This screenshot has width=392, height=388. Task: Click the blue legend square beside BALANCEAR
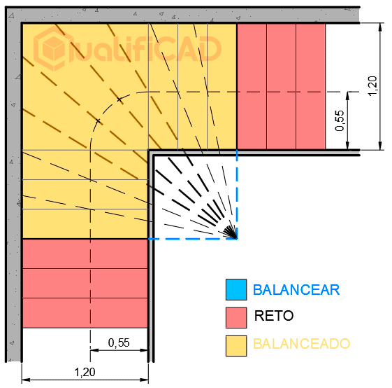pyautogui.click(x=236, y=289)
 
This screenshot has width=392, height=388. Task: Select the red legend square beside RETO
pyautogui.click(x=236, y=317)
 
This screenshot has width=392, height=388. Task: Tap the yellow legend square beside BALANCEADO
pyautogui.click(x=236, y=346)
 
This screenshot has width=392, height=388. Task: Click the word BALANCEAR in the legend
pyautogui.click(x=296, y=290)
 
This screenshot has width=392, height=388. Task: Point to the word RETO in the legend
pyautogui.click(x=274, y=316)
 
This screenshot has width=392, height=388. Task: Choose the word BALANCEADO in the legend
pyautogui.click(x=301, y=344)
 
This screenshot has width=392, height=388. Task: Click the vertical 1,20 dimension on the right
pyautogui.click(x=372, y=85)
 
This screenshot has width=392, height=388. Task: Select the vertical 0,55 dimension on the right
pyautogui.click(x=340, y=120)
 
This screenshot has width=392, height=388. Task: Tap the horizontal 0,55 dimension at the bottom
pyautogui.click(x=119, y=342)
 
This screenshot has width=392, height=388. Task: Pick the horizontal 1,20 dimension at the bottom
pyautogui.click(x=85, y=372)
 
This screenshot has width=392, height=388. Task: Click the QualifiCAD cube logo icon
pyautogui.click(x=52, y=48)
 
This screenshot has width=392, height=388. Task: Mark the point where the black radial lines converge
pyautogui.click(x=236, y=238)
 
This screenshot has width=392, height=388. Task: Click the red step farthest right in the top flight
pyautogui.click(x=311, y=86)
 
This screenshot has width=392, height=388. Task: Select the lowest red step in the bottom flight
pyautogui.click(x=85, y=313)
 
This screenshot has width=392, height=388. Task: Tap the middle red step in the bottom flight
pyautogui.click(x=85, y=284)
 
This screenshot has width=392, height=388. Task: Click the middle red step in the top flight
pyautogui.click(x=282, y=86)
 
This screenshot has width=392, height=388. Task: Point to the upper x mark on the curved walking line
pyautogui.click(x=119, y=99)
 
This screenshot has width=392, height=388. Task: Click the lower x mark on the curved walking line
pyautogui.click(x=98, y=121)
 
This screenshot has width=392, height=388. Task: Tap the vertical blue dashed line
pyautogui.click(x=237, y=195)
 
